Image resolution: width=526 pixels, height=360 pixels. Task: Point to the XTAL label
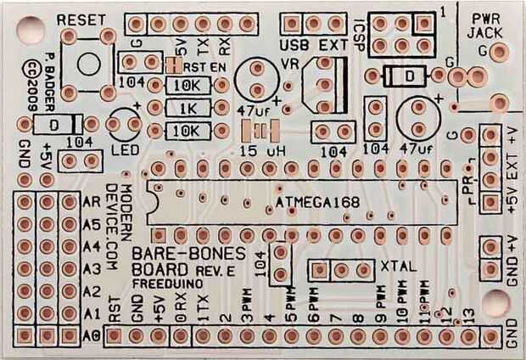[397, 266]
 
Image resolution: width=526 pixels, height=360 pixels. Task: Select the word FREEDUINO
[163, 286]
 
